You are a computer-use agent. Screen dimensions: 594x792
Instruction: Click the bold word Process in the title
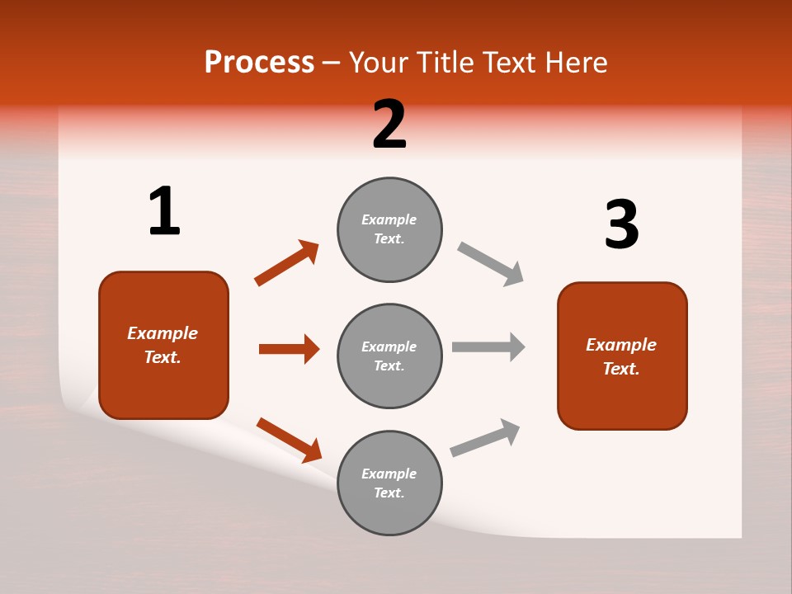pos(259,63)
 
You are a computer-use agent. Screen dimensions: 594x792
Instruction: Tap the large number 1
pos(164,211)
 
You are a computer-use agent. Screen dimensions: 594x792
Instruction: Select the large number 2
pos(389,125)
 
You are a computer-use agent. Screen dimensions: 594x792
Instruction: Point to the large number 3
pos(621,224)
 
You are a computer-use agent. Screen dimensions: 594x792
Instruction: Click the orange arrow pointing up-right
pos(286,263)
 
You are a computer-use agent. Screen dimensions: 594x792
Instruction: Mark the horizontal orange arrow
pos(289,349)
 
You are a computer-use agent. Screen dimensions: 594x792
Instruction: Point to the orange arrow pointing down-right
pos(289,440)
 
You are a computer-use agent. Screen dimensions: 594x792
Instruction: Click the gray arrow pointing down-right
pos(490,264)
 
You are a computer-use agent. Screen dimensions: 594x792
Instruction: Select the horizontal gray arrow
pos(488,346)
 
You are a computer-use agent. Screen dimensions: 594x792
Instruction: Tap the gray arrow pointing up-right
pos(485,438)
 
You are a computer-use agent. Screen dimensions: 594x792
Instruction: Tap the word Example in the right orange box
pos(621,345)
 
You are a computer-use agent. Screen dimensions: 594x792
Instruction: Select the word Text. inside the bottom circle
pos(389,493)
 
